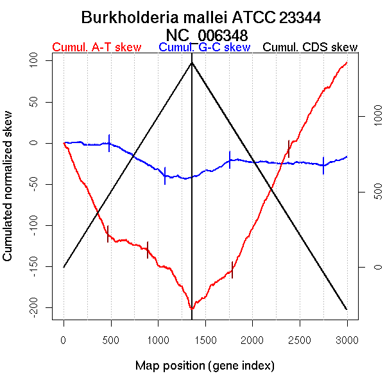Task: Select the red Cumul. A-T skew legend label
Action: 96,47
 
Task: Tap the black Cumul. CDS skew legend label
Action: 311,47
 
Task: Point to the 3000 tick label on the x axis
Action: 346,339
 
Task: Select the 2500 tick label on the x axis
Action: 300,339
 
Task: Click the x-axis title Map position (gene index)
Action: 205,366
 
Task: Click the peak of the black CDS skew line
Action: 192,62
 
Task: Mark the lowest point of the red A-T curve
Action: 192,309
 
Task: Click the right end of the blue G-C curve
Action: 347,157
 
